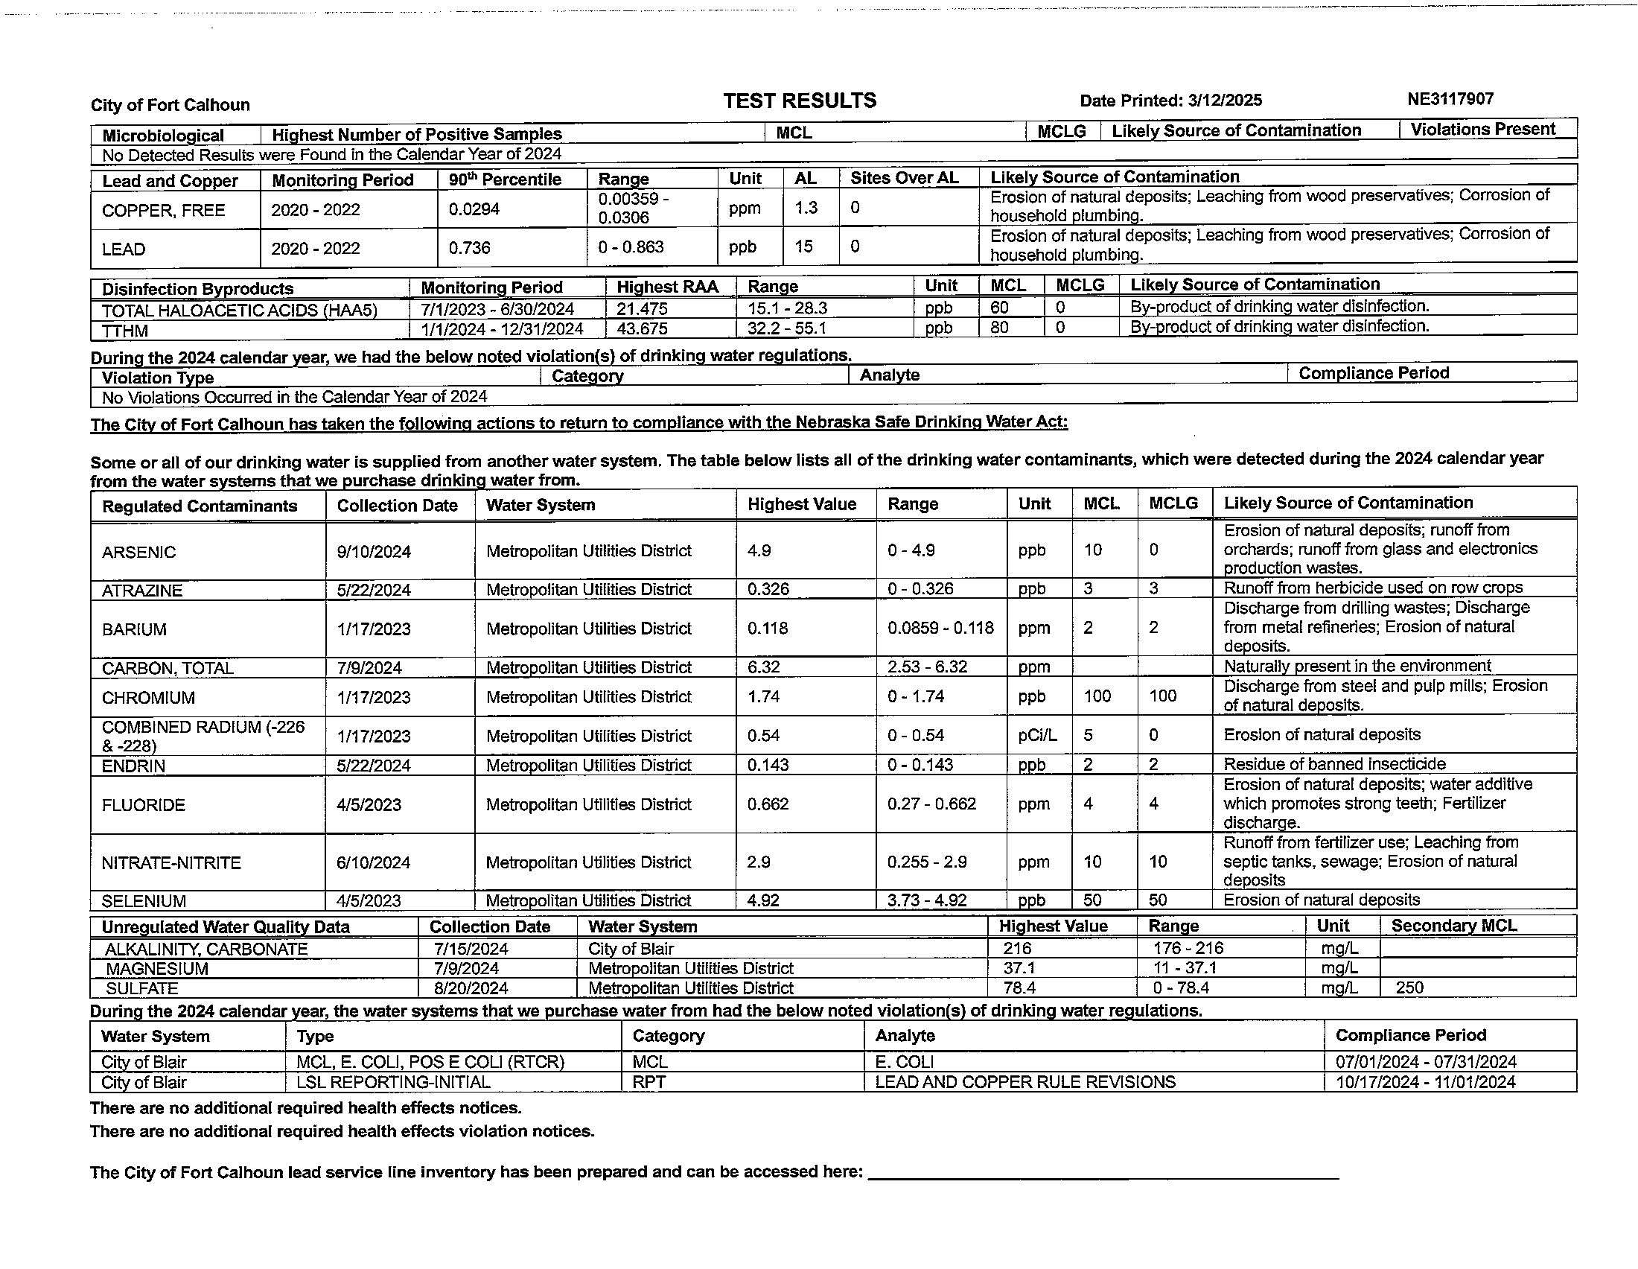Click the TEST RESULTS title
800,101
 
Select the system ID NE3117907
1450,99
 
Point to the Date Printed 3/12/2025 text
1170,101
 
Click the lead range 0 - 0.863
631,247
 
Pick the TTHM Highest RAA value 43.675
642,328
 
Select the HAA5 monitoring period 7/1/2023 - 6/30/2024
497,309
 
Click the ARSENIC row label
138,552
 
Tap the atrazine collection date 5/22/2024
374,591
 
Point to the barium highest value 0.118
767,629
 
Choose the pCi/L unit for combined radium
1037,736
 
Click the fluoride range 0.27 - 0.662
931,804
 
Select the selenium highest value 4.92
763,900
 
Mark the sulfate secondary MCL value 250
1409,987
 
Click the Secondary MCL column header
1453,926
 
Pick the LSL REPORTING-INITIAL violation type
393,1082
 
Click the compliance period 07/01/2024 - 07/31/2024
1426,1062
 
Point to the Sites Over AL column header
904,179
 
